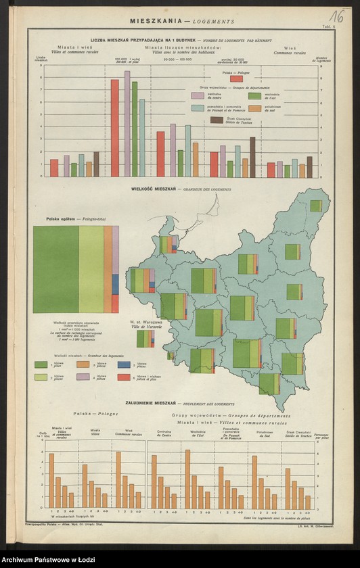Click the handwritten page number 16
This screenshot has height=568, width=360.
(335, 16)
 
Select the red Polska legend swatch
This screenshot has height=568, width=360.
(237, 78)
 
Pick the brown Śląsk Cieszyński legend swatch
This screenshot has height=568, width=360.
(217, 120)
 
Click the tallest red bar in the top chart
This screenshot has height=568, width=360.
(115, 128)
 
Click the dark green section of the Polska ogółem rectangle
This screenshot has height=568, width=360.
(55, 269)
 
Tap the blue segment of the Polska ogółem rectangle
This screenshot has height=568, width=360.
(116, 284)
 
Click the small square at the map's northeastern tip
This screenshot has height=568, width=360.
(316, 206)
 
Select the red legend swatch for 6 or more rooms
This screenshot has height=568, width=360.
(125, 377)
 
